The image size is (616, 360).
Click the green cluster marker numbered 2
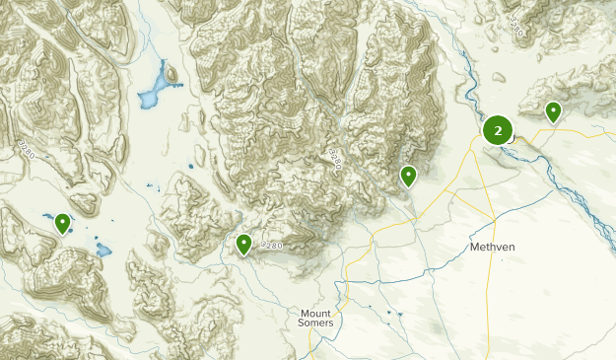[x=498, y=129]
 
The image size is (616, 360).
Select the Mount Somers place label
[x=316, y=318]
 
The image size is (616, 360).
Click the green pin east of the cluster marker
[x=554, y=112]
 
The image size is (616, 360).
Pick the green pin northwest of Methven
[x=408, y=177]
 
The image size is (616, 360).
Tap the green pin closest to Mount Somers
[x=243, y=244]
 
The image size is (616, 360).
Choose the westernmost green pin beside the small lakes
[x=62, y=224]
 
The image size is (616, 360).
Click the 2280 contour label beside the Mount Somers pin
[x=272, y=245]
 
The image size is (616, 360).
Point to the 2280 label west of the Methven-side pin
[x=335, y=158]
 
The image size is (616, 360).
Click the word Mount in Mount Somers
[x=316, y=313]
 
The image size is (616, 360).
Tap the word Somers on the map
[x=316, y=324]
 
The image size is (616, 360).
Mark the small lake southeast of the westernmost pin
[x=102, y=249]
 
